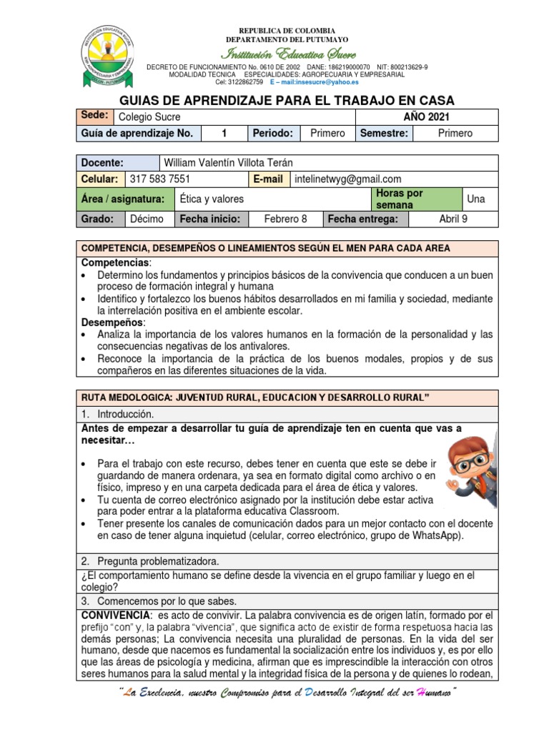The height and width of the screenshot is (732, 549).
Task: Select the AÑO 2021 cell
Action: pyautogui.click(x=426, y=117)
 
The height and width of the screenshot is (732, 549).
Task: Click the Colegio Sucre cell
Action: pyautogui.click(x=149, y=117)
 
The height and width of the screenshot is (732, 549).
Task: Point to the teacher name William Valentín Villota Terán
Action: pyautogui.click(x=229, y=162)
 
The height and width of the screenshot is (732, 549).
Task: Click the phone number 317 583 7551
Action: pyautogui.click(x=159, y=179)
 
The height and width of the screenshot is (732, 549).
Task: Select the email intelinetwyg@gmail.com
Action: pyautogui.click(x=347, y=179)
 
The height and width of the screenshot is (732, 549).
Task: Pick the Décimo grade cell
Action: pyautogui.click(x=147, y=219)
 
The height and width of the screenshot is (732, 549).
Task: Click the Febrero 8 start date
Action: pyautogui.click(x=281, y=219)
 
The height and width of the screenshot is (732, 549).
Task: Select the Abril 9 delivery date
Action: pyautogui.click(x=453, y=219)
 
